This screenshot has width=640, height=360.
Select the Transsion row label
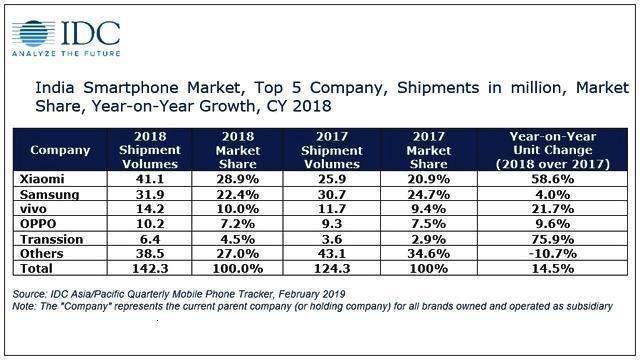coord(57,241)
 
